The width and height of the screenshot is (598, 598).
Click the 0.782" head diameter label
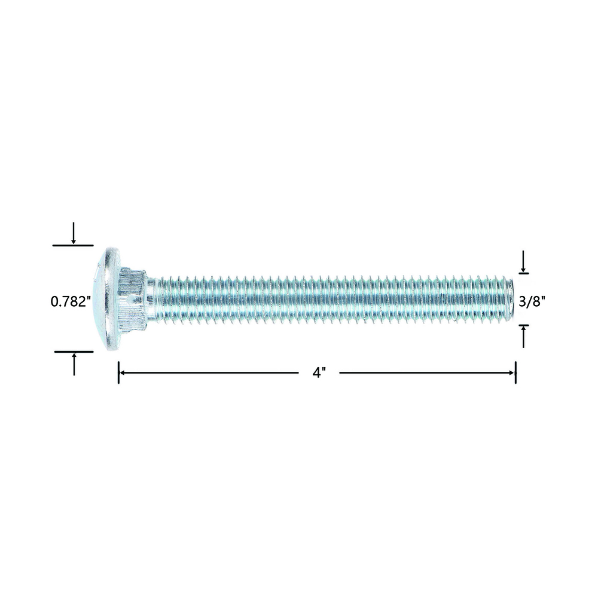[71, 302]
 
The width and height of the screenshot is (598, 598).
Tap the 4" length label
[319, 373]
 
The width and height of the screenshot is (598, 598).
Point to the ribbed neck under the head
[133, 299]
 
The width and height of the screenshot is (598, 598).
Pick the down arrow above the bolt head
[74, 233]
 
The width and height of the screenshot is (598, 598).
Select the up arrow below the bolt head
[74, 364]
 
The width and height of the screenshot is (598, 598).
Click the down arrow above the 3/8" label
[524, 261]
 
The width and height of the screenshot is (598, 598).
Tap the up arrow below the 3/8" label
[524, 337]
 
